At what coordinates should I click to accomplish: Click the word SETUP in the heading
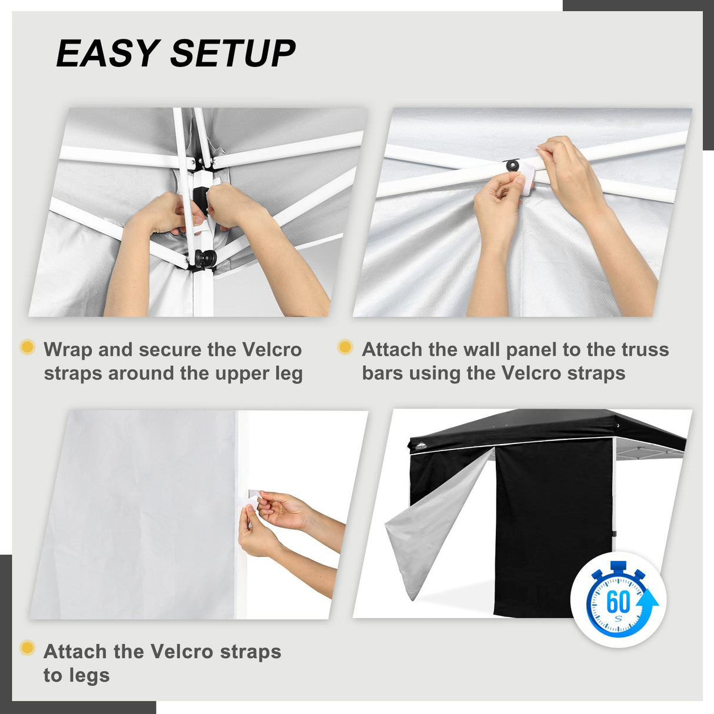tap(233, 54)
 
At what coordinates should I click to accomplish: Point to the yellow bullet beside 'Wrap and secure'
tap(27, 347)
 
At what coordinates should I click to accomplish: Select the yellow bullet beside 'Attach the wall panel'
tap(345, 347)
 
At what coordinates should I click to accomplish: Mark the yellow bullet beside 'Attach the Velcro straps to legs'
tap(27, 648)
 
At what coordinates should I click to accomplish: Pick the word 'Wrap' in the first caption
tap(68, 349)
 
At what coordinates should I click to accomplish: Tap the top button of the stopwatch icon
tap(618, 566)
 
